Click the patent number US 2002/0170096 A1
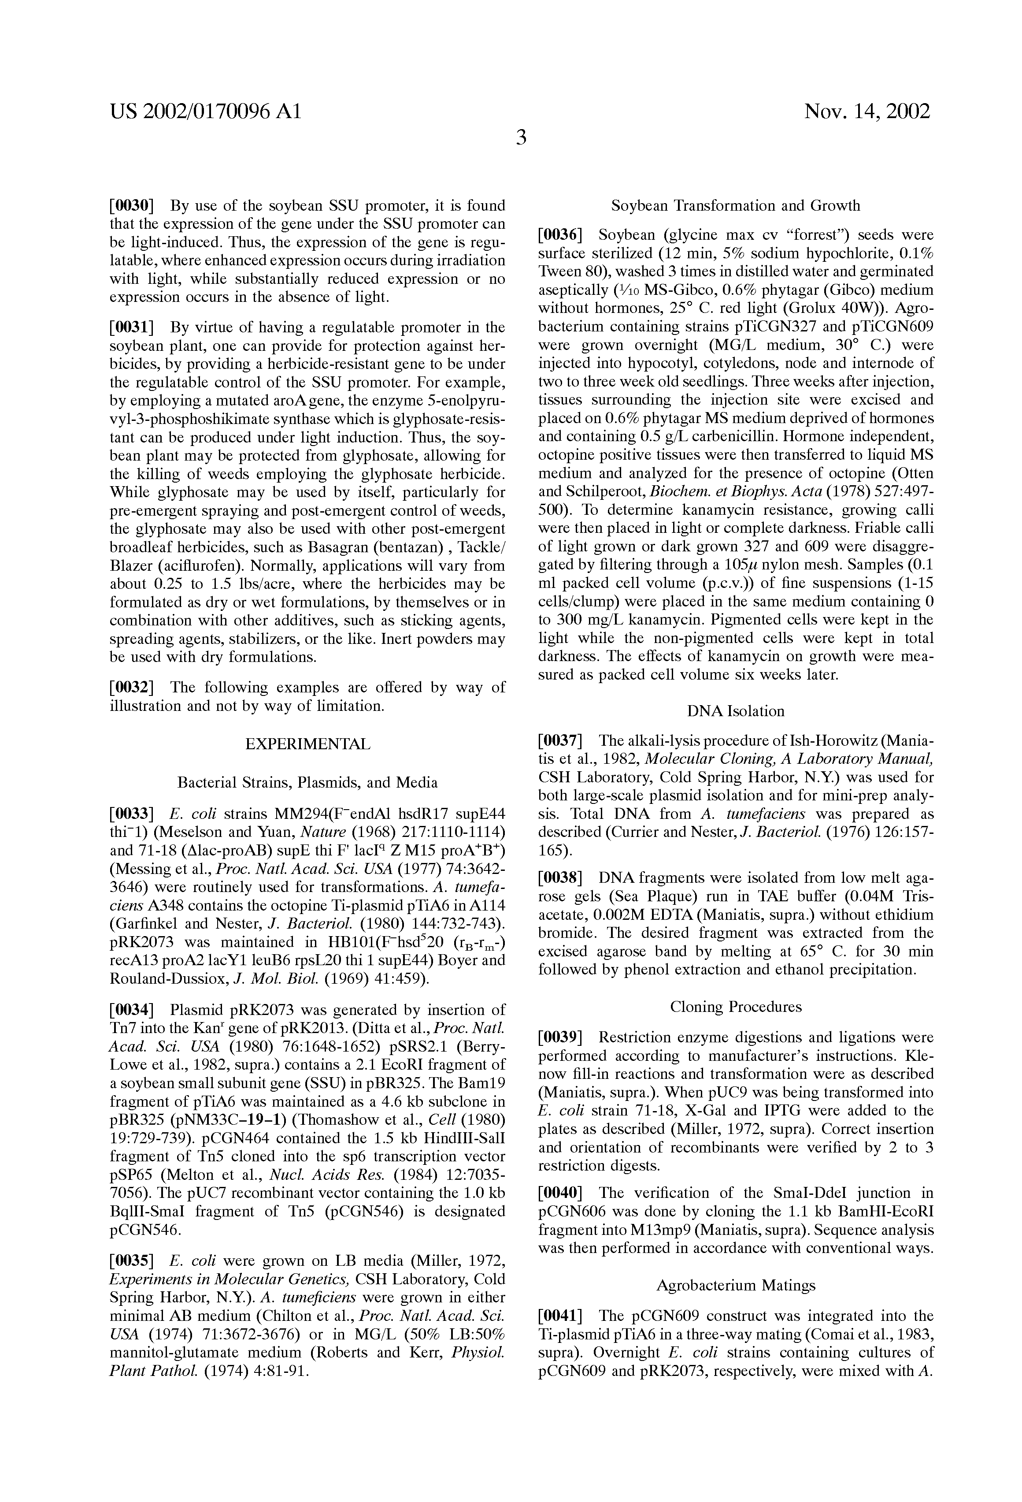[x=205, y=112]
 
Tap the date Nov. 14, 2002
[x=867, y=112]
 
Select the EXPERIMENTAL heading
[x=307, y=744]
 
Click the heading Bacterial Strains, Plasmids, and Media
[x=307, y=783]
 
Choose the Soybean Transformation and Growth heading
[x=736, y=206]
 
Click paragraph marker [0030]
[x=132, y=206]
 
